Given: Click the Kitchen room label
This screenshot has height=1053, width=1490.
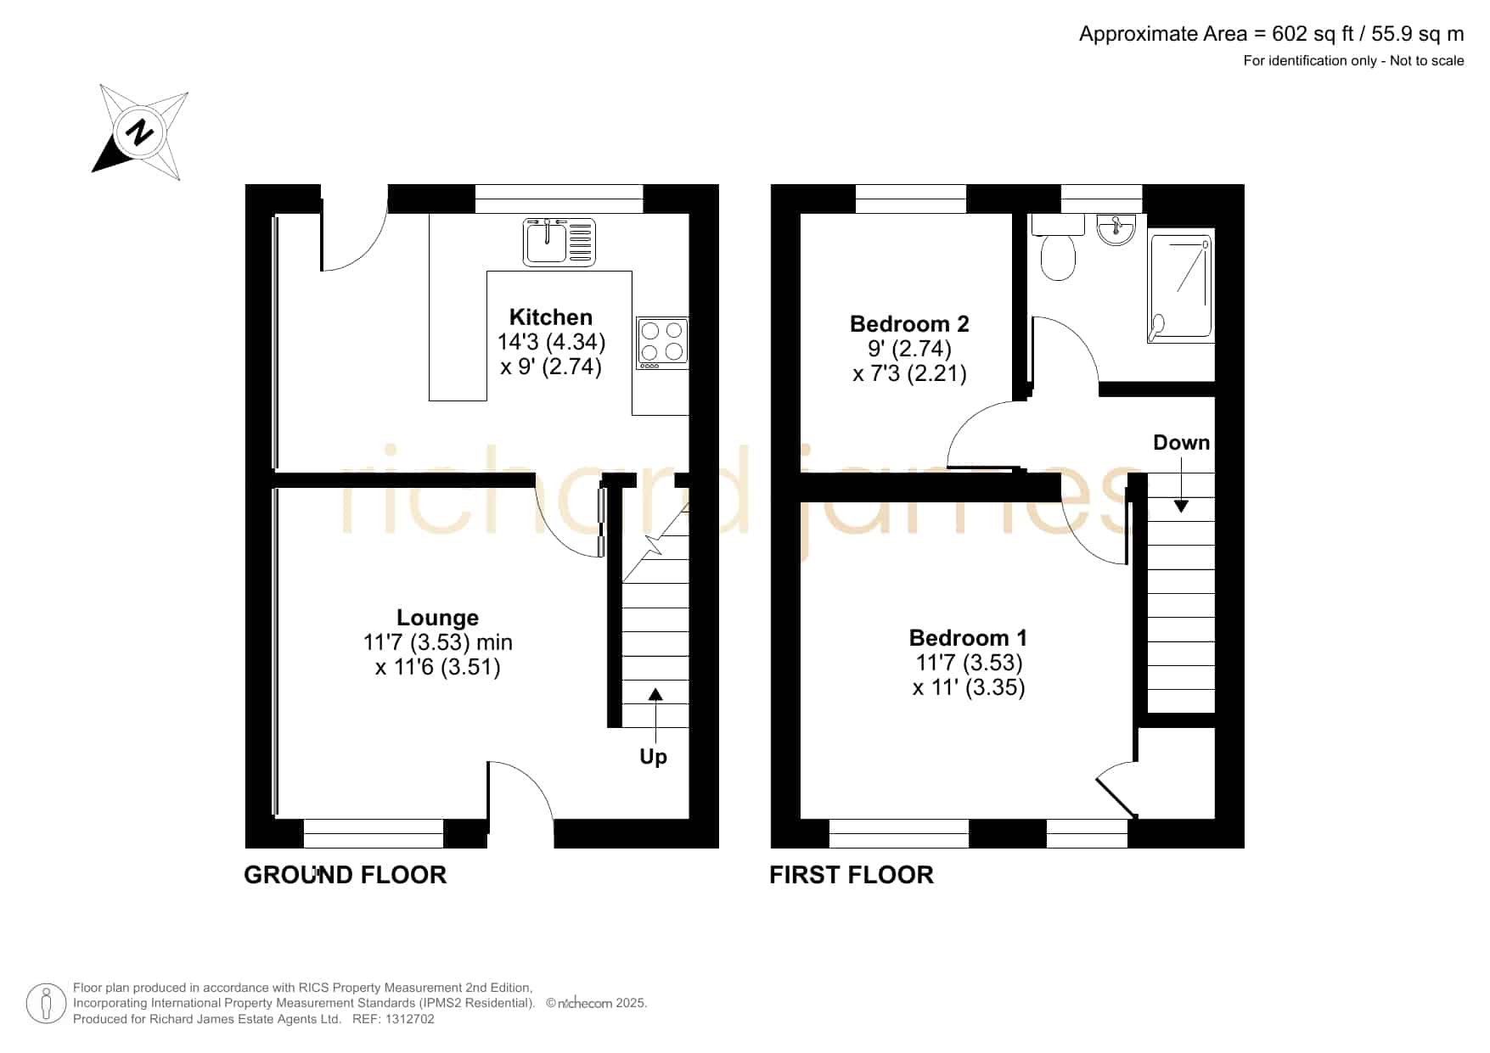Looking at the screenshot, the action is coord(551,317).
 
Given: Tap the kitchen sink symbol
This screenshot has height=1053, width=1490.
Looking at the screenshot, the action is coord(559,242).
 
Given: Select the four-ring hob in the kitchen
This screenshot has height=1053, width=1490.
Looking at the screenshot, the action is coord(662,343).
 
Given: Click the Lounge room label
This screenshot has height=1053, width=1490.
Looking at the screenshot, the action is coord(438,618).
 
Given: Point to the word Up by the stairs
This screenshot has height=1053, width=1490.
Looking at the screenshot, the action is coord(653,757).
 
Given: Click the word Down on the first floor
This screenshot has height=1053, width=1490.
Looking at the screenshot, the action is coord(1181,443).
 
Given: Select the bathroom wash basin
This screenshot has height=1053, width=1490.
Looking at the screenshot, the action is coord(1116,229).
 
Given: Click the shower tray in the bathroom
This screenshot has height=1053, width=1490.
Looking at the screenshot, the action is coord(1181,288).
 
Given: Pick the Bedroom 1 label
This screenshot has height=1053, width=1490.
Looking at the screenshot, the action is coord(968,638).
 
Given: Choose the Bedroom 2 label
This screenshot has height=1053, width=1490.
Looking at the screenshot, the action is coord(909,324).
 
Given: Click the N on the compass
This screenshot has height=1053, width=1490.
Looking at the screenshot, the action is coord(139,132).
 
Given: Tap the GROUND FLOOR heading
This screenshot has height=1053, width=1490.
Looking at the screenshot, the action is coord(345,875).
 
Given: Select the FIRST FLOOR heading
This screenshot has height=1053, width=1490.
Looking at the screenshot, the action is coord(852,875).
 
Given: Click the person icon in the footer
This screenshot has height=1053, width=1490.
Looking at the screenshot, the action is coord(46,1004).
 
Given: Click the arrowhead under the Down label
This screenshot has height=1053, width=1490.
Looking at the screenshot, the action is coord(1181,507).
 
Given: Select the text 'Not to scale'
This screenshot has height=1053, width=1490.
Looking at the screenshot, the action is coord(1426,61).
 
